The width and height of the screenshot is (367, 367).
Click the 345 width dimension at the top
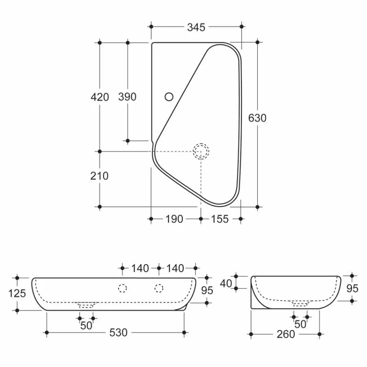tap(196, 27)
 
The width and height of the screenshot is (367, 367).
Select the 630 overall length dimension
tap(257, 118)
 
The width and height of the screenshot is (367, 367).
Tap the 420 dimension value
tap(100, 97)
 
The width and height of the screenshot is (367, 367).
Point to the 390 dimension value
tap(127, 97)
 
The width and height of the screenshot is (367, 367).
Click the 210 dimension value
tap(100, 176)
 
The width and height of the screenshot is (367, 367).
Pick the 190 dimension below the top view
tap(174, 219)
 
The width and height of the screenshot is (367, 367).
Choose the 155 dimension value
tap(220, 219)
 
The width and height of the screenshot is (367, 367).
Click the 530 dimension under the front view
tap(118, 332)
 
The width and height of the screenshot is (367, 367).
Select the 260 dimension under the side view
tap(285, 334)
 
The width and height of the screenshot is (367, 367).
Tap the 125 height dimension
tap(17, 293)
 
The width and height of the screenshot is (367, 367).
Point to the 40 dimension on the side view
tap(226, 283)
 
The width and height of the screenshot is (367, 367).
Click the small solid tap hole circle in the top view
tap(169, 96)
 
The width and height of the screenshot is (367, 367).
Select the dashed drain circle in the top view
tap(201, 151)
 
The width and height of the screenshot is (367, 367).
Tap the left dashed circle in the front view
tap(122, 288)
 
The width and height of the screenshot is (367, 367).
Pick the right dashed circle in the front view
tap(159, 288)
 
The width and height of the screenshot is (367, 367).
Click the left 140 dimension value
tap(140, 268)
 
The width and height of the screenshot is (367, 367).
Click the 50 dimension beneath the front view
tap(86, 325)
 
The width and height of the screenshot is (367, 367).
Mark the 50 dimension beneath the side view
tap(300, 324)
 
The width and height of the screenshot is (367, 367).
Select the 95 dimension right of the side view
tap(352, 288)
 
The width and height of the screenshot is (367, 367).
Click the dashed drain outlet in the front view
tap(86, 305)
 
